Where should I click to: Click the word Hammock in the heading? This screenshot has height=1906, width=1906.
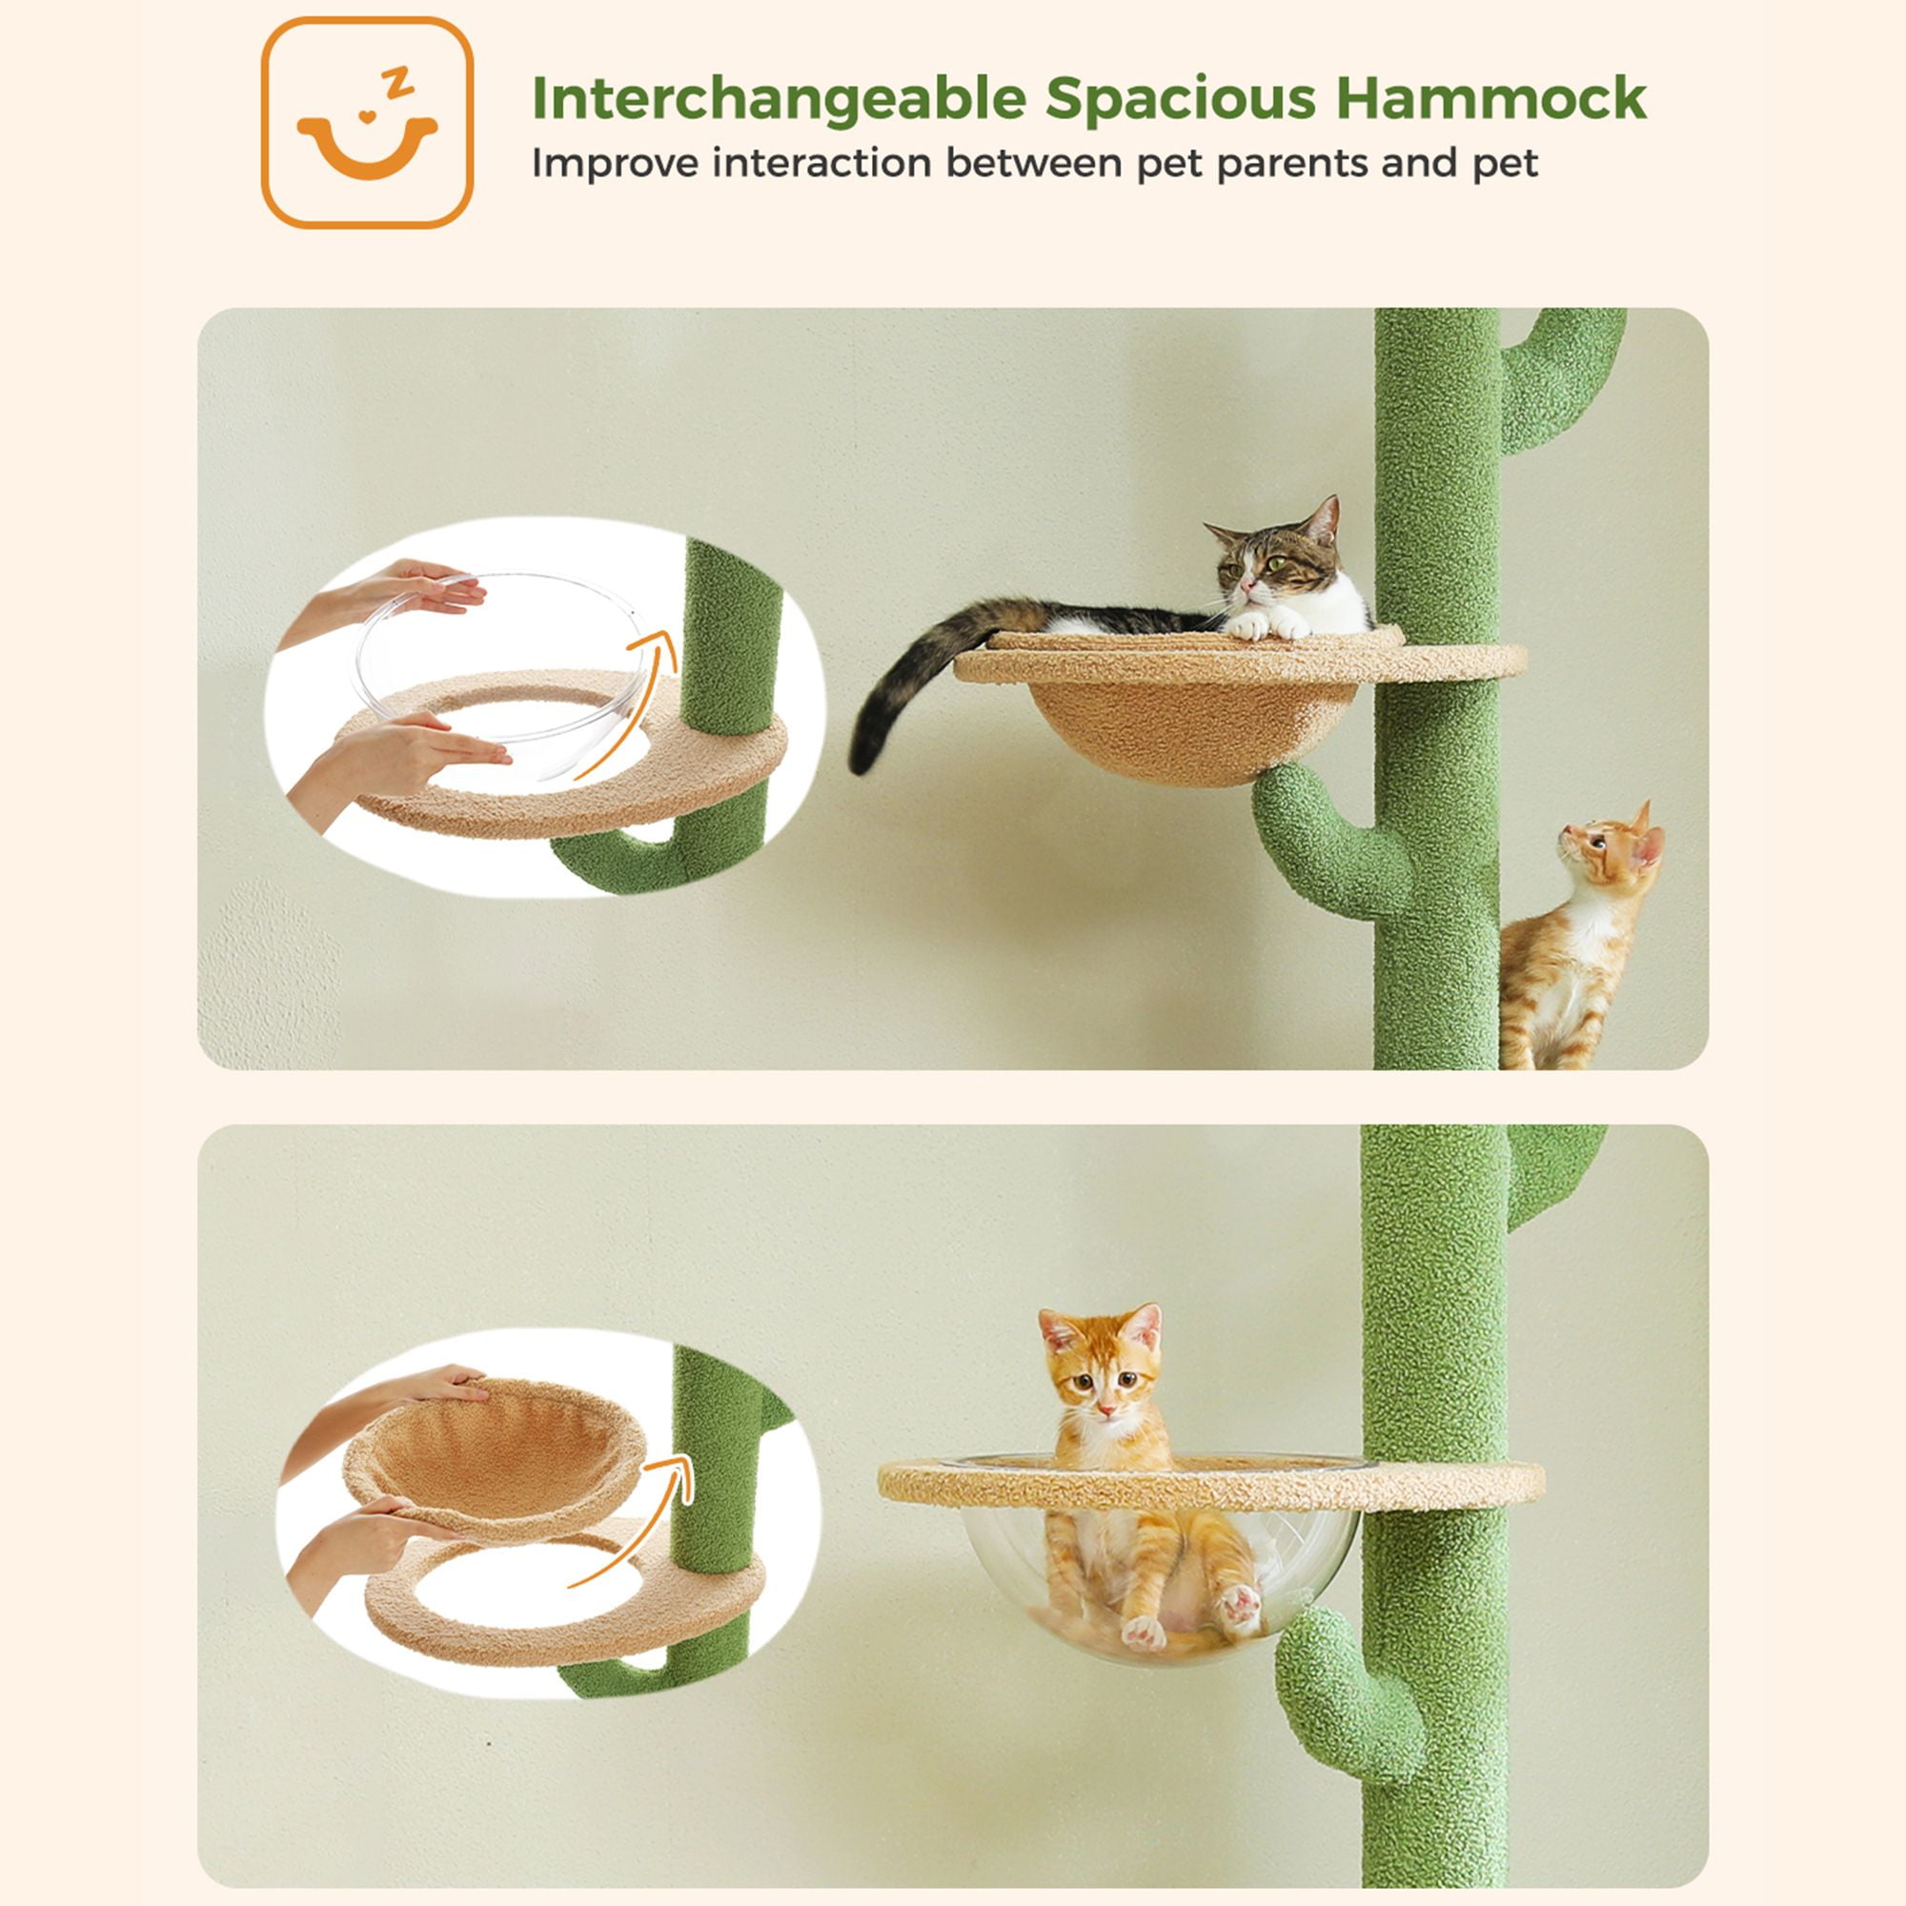coord(1490,99)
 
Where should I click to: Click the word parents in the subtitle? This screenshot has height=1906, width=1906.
coord(1292,164)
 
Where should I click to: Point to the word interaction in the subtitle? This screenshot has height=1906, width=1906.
coord(821,163)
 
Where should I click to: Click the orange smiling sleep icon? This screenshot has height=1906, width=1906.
coord(367,122)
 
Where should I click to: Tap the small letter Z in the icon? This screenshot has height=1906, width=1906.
coord(398,84)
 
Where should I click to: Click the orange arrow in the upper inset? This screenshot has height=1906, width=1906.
coord(624,701)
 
